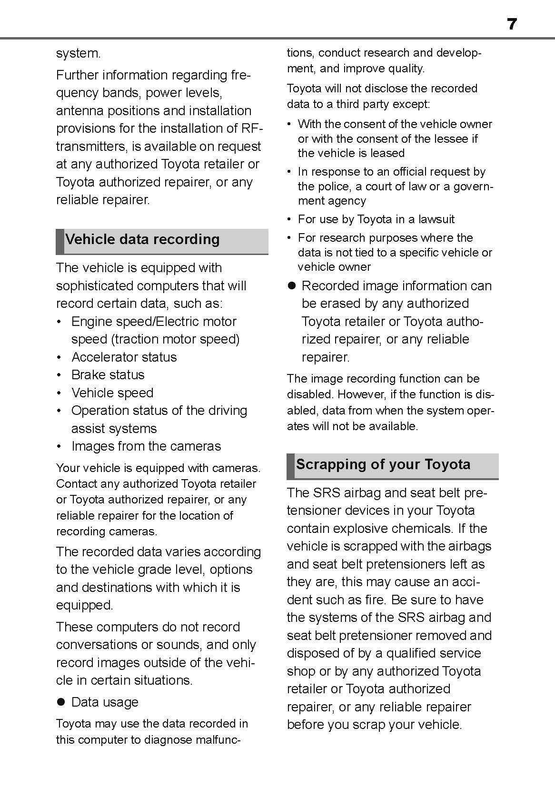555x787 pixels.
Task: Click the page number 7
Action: tap(512, 24)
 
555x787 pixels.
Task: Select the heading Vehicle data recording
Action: tap(142, 239)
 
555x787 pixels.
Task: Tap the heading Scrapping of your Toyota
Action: tap(383, 464)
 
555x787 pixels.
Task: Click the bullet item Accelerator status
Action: tap(124, 357)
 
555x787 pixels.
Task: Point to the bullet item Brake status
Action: tap(108, 375)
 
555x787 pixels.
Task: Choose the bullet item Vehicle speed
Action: tap(112, 393)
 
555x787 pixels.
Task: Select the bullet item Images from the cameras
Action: tap(146, 446)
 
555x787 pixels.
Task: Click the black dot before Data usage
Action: tap(60, 702)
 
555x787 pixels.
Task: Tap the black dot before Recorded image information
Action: tap(291, 286)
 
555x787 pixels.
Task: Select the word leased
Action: tap(385, 153)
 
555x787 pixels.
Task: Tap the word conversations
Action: tap(96, 645)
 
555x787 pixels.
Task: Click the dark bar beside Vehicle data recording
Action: tap(59, 241)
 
